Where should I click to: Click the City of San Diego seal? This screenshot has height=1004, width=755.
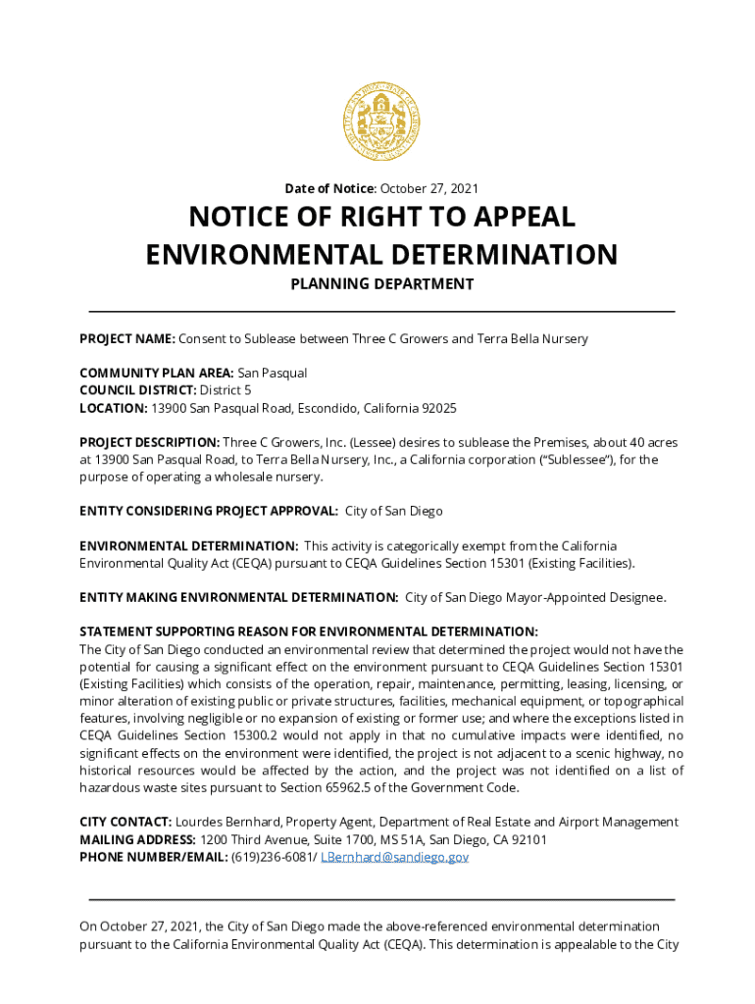381,122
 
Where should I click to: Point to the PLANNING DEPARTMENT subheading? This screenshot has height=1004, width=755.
381,284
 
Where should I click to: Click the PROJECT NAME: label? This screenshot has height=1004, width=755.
127,338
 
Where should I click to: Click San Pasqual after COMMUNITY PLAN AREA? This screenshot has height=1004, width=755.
273,374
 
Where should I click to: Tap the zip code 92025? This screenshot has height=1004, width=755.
437,408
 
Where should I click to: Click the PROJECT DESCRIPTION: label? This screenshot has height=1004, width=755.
149,442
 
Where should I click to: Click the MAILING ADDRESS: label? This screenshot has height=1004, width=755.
137,840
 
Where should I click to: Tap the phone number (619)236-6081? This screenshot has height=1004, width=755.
274,857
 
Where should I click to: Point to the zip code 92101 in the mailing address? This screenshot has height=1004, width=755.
528,840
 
